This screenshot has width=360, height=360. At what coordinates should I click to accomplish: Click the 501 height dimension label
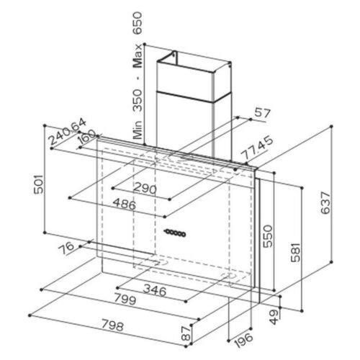coord(39,184)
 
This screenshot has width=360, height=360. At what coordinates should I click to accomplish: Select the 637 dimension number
coord(325,202)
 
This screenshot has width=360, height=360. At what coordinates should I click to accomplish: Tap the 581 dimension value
coord(295,252)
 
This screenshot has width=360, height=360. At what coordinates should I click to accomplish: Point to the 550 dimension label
coord(268,236)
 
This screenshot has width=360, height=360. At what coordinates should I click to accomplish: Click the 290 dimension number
coord(145,189)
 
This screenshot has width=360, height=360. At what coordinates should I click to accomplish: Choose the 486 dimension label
coord(125,204)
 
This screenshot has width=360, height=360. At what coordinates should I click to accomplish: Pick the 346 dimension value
coord(155,291)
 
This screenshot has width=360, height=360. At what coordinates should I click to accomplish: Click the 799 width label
coord(125,299)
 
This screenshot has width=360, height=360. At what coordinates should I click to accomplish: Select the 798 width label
coord(112,325)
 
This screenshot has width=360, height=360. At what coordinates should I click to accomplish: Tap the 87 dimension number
coord(186,333)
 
